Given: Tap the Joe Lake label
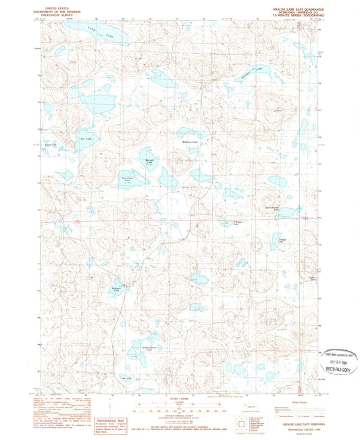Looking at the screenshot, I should [x=85, y=138].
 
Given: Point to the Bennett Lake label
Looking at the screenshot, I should [x=150, y=160].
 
